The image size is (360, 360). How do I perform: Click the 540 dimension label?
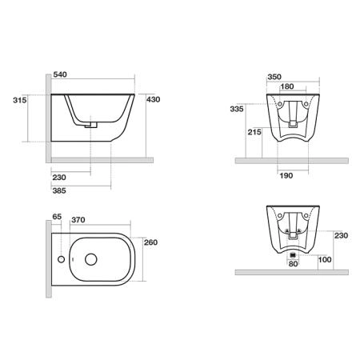(x=60, y=74)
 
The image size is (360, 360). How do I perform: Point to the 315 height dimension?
(x=20, y=100)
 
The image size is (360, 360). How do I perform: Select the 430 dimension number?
(x=154, y=99)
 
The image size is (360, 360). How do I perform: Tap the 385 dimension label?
(x=59, y=190)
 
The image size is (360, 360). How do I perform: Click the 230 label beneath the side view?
(x=59, y=178)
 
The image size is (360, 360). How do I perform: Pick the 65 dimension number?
(x=57, y=217)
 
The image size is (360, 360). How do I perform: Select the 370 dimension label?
(x=78, y=220)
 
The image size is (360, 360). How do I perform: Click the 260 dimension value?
(x=151, y=242)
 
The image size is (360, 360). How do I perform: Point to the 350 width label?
(x=274, y=77)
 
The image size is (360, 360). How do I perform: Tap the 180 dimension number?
(x=287, y=86)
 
